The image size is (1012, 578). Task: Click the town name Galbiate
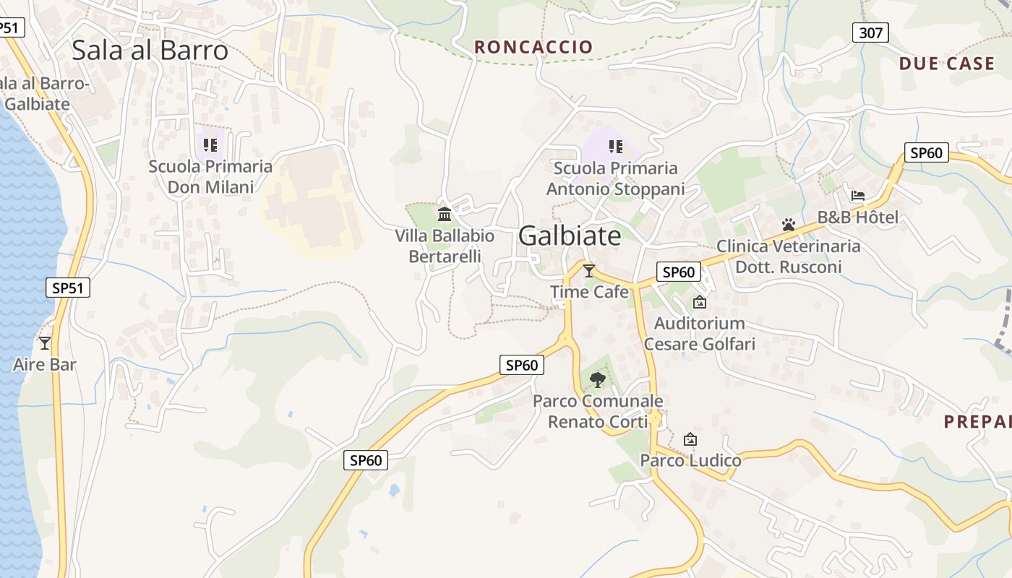click(x=570, y=236)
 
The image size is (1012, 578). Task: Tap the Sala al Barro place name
click(x=150, y=50)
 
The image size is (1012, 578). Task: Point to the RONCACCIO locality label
click(x=533, y=47)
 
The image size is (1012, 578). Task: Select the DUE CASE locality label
click(x=947, y=64)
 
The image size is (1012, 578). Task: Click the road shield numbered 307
click(x=870, y=33)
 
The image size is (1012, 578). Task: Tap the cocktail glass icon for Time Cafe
click(x=589, y=271)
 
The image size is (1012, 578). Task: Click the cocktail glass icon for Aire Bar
click(x=45, y=343)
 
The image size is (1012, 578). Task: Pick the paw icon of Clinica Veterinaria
click(x=788, y=225)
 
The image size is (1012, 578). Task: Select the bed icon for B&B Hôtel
click(x=858, y=195)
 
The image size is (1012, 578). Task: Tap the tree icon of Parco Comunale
click(x=597, y=379)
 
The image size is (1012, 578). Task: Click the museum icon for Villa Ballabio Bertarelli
click(x=445, y=215)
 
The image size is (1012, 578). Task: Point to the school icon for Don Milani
click(x=210, y=145)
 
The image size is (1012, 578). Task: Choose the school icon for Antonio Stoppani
click(x=615, y=147)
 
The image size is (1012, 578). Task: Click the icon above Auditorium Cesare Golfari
click(x=699, y=302)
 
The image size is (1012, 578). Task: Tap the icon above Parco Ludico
click(x=690, y=439)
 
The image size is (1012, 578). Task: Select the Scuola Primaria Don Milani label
click(x=210, y=177)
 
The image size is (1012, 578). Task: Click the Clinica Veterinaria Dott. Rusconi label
click(x=789, y=256)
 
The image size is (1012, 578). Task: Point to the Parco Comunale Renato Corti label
click(x=598, y=411)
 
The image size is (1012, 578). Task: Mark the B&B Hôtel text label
click(x=858, y=217)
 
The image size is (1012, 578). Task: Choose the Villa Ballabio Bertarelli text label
click(x=445, y=246)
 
